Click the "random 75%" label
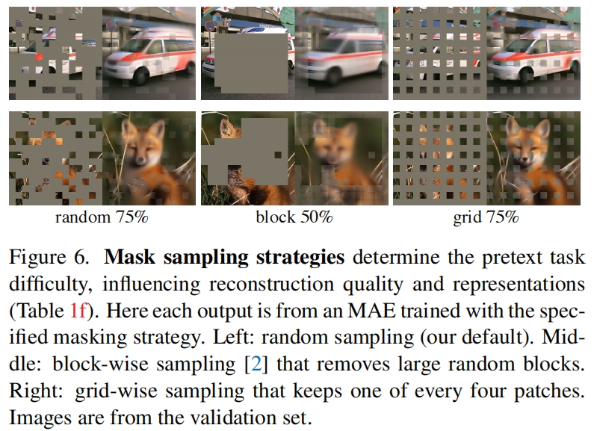(102, 217)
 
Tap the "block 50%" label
(294, 217)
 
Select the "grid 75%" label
(486, 218)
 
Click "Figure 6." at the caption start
(49, 257)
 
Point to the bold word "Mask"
(129, 257)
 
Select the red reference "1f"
(78, 311)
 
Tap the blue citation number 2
(256, 365)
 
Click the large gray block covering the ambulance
(251, 63)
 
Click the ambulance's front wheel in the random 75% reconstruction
(141, 77)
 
